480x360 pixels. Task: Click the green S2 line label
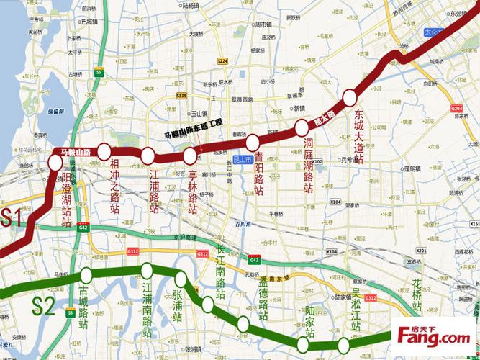click(43, 307)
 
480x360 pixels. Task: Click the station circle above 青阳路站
click(253, 140)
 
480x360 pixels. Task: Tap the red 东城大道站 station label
click(358, 138)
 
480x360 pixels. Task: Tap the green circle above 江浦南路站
click(147, 271)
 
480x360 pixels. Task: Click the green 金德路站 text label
click(263, 302)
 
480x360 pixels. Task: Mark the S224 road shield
click(222, 60)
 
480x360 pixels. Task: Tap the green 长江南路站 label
click(222, 274)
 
